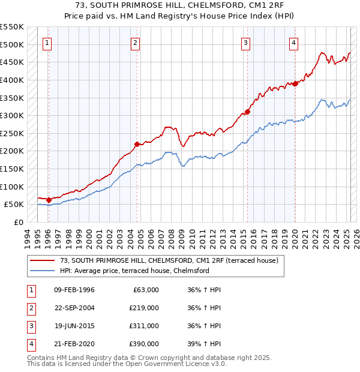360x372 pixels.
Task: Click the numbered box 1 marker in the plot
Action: (x=47, y=42)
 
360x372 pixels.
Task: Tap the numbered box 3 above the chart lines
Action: (x=246, y=42)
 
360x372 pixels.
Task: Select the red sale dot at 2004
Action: (x=137, y=144)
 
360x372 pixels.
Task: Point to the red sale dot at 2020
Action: (x=295, y=83)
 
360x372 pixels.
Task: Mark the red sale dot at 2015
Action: (x=247, y=112)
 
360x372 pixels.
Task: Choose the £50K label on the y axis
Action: (x=14, y=205)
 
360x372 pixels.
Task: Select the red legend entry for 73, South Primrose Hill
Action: (x=169, y=261)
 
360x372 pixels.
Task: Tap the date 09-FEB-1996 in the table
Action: (x=74, y=290)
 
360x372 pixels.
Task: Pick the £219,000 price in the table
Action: (x=144, y=308)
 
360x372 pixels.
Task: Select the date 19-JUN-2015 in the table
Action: (x=74, y=326)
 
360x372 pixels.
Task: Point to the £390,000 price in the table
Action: (x=144, y=344)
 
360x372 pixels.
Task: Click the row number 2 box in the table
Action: (x=30, y=308)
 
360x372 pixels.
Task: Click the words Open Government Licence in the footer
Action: (x=174, y=364)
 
